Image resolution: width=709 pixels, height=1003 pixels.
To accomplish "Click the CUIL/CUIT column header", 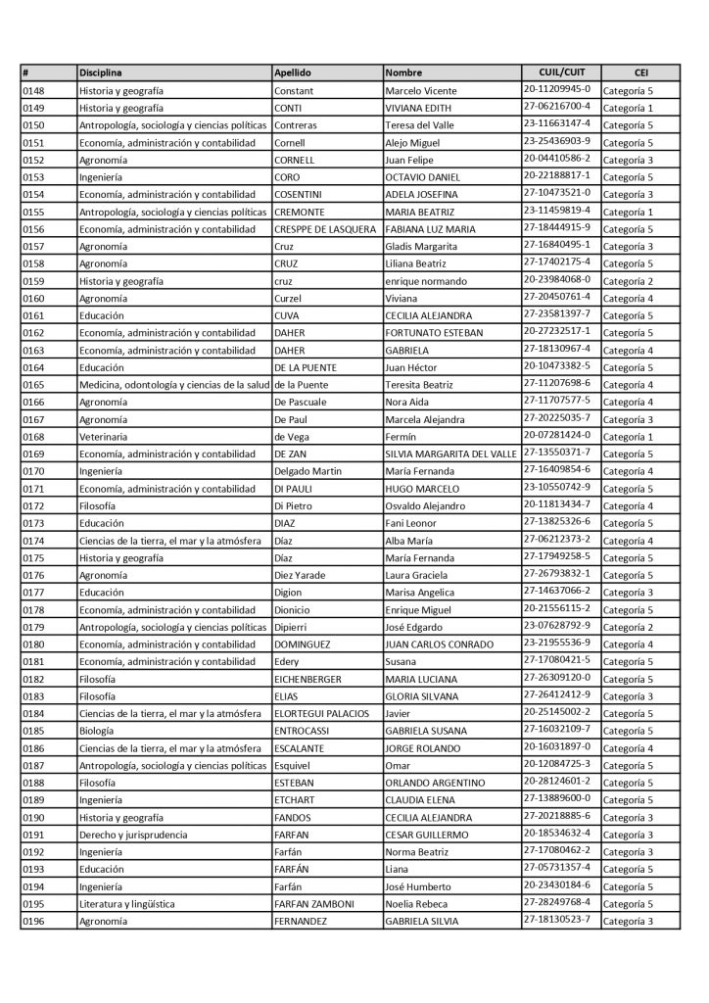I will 561,72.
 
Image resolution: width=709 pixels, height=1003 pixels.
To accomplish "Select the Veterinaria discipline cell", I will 103,437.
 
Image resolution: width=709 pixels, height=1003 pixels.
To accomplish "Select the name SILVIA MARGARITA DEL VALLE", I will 450,454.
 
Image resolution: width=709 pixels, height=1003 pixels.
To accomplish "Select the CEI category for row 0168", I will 628,437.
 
